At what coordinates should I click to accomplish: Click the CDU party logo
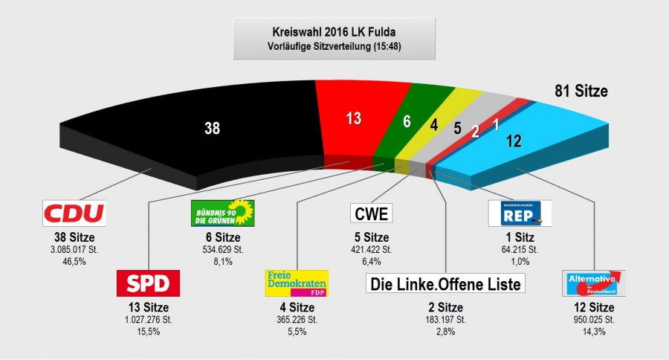pyautogui.click(x=74, y=213)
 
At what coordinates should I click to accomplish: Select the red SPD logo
pyautogui.click(x=148, y=283)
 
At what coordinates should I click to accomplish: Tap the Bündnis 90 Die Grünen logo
pyautogui.click(x=222, y=213)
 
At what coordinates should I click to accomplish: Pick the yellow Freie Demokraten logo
pyautogui.click(x=297, y=283)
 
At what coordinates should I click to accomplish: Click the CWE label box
pyautogui.click(x=371, y=214)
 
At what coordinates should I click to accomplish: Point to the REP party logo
pyautogui.click(x=520, y=213)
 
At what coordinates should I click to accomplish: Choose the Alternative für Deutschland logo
pyautogui.click(x=593, y=283)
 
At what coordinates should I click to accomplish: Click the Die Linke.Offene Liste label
pyautogui.click(x=445, y=283)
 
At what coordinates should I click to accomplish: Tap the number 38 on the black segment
pyautogui.click(x=213, y=129)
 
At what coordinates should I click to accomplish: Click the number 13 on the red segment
pyautogui.click(x=354, y=118)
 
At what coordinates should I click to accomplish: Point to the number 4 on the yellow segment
pyautogui.click(x=433, y=125)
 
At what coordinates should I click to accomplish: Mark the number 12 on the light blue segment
pyautogui.click(x=514, y=140)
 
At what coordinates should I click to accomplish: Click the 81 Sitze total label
pyautogui.click(x=581, y=91)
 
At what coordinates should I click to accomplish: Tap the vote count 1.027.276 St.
pyautogui.click(x=148, y=320)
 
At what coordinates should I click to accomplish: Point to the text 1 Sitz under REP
pyautogui.click(x=520, y=237)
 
